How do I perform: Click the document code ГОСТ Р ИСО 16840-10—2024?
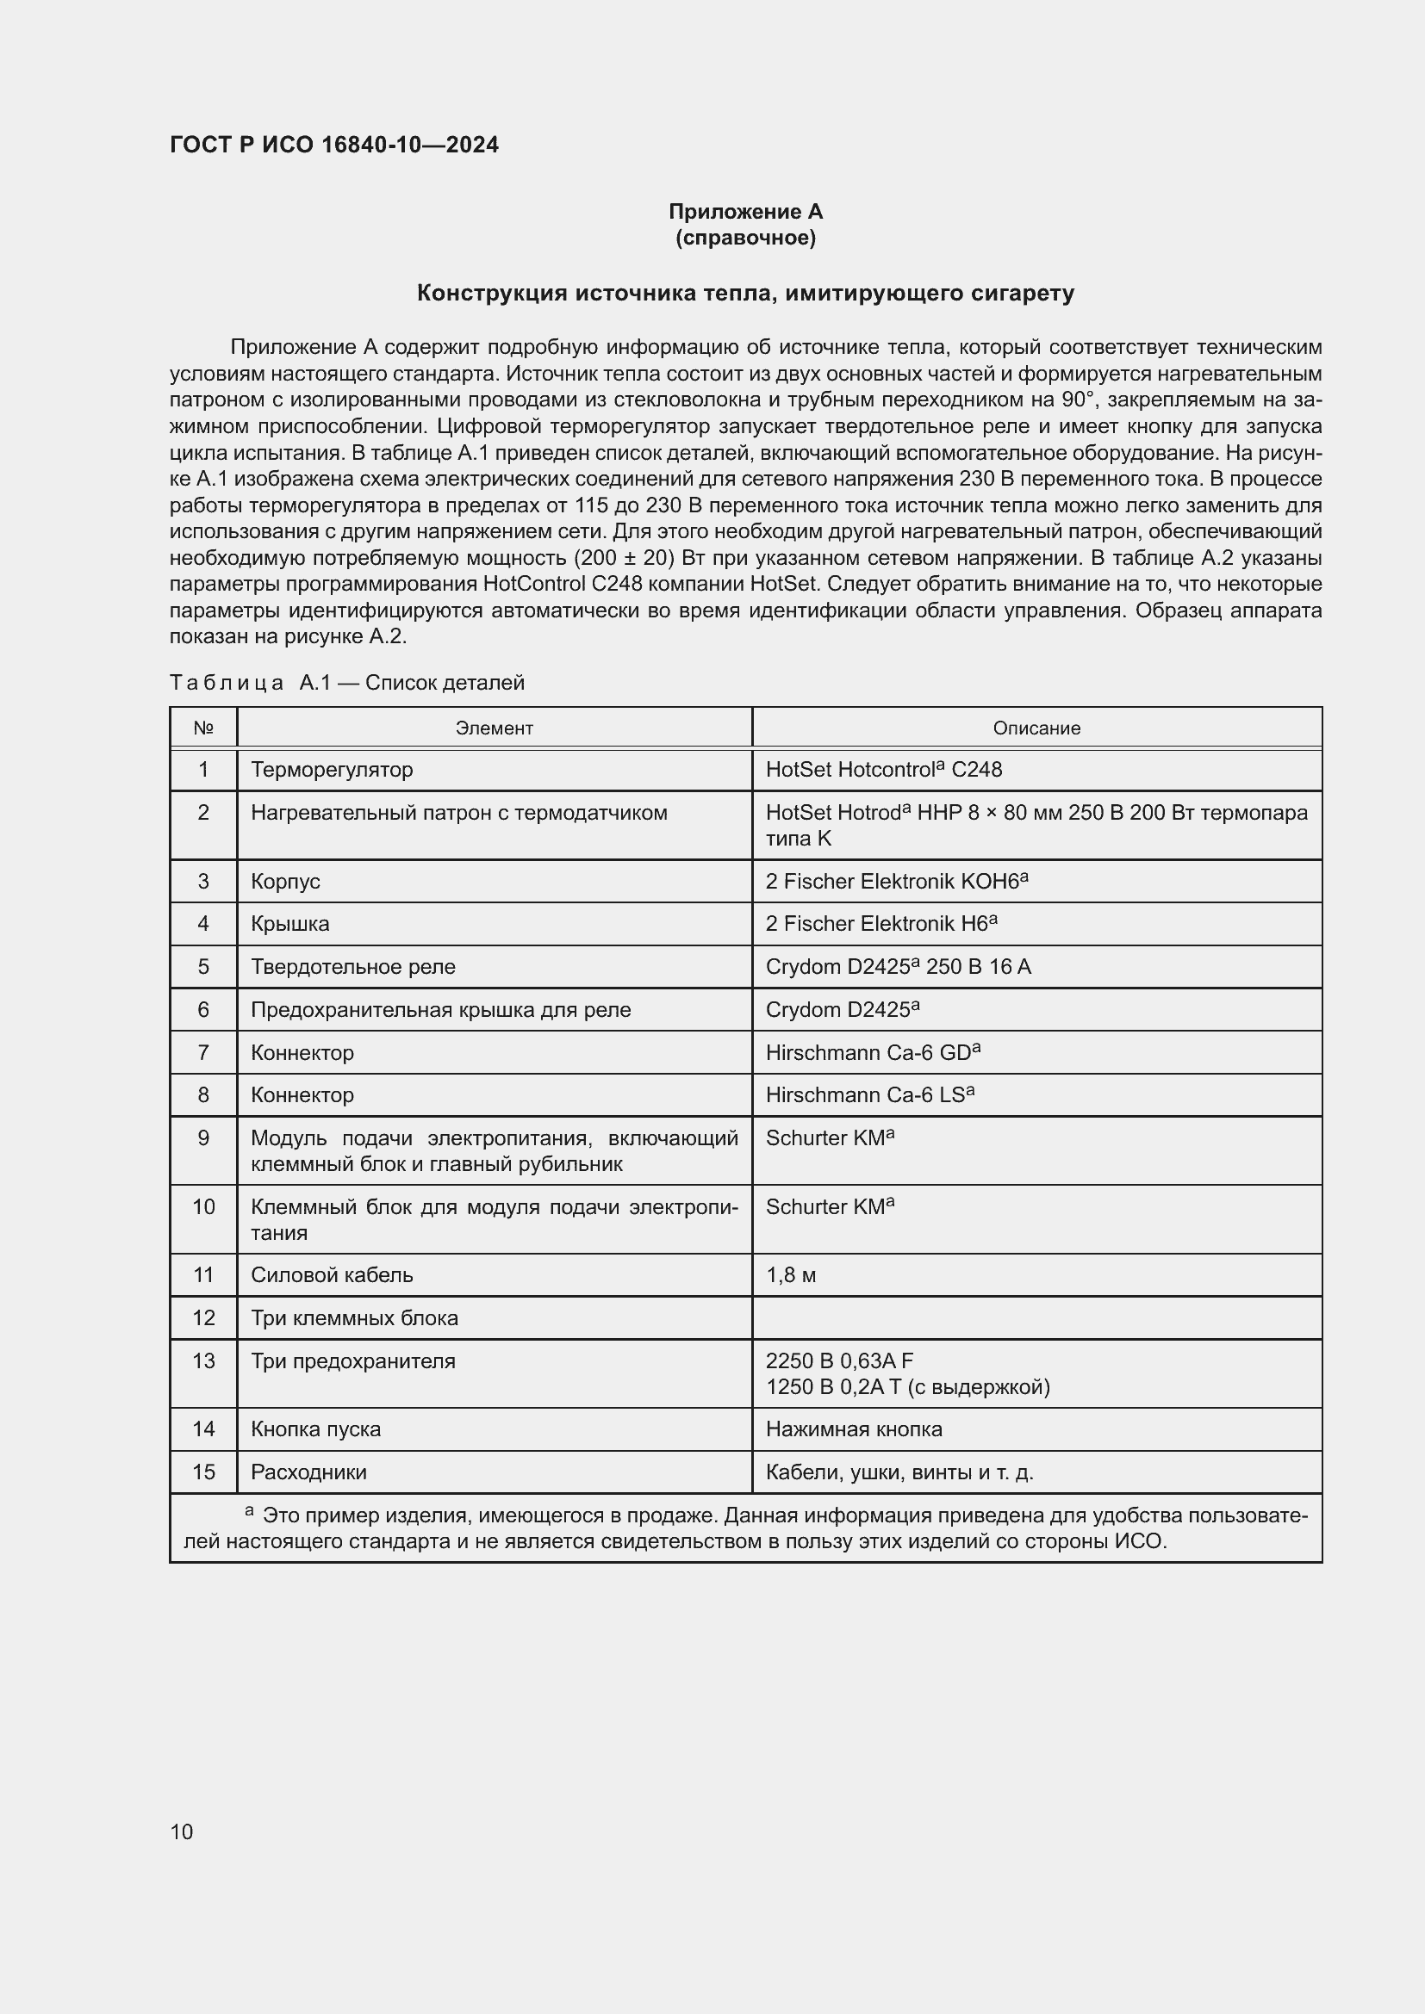333,145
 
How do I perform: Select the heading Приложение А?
745,212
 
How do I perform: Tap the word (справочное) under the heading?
745,238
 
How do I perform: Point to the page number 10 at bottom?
182,1831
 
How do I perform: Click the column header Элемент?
494,728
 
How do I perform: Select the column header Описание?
1036,728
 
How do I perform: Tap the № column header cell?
203,728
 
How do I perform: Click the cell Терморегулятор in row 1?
332,769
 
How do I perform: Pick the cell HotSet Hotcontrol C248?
884,769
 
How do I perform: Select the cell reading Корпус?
285,882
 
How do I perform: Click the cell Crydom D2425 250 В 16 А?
898,967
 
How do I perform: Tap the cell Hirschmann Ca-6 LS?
869,1094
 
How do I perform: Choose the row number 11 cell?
203,1274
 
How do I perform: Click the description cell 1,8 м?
791,1274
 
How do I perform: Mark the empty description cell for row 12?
1036,1317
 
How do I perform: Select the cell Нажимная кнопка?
854,1429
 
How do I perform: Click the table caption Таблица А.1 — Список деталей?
346,683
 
